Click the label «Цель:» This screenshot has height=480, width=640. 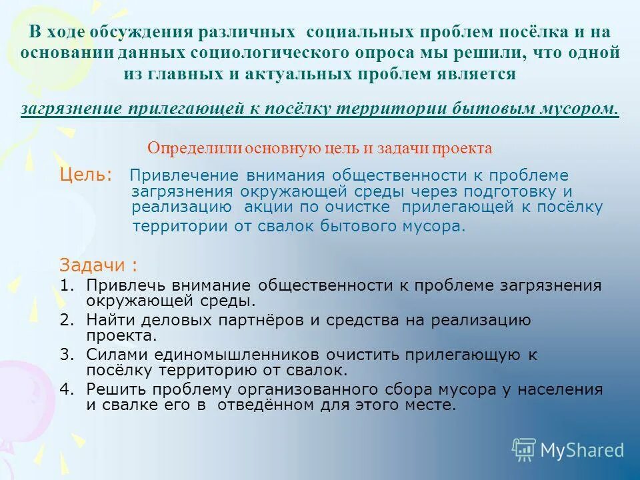coord(86,175)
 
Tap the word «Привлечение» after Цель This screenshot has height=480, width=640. coord(175,175)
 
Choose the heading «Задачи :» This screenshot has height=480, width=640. coord(99,265)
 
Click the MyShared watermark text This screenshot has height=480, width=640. coord(582,450)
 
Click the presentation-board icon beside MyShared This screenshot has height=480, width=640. coord(524,450)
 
